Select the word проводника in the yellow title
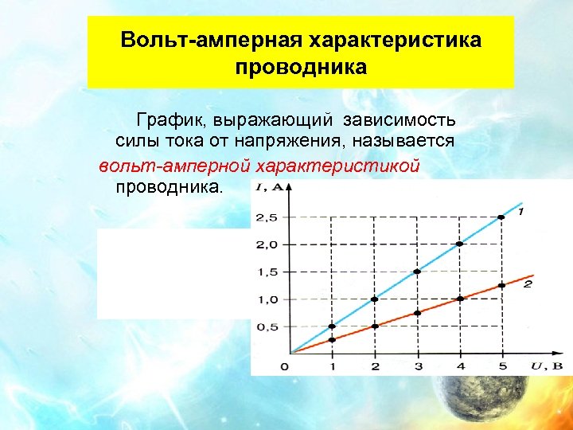(x=301, y=67)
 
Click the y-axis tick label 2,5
(x=267, y=217)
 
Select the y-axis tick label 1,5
(x=267, y=272)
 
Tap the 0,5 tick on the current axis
(x=267, y=326)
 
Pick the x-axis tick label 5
(x=501, y=366)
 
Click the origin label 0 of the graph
(x=285, y=366)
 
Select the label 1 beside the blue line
(x=520, y=212)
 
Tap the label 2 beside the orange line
(x=527, y=283)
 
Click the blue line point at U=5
(x=501, y=217)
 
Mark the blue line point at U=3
(x=417, y=272)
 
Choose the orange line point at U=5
(x=501, y=285)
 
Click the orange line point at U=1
(x=333, y=340)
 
